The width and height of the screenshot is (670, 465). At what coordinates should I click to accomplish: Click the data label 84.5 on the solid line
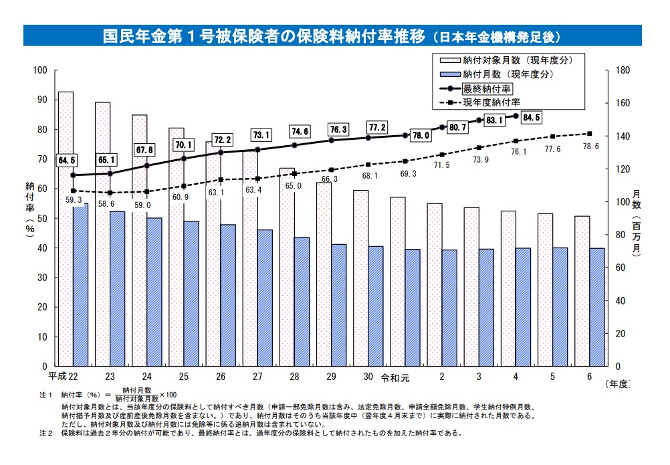click(x=532, y=118)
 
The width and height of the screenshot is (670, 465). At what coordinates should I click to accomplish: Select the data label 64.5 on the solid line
click(x=67, y=160)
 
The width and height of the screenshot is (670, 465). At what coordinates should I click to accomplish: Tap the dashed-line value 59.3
click(x=74, y=199)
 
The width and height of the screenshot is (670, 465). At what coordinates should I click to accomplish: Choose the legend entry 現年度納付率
click(x=491, y=102)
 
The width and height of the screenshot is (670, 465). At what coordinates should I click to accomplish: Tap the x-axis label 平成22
click(x=64, y=377)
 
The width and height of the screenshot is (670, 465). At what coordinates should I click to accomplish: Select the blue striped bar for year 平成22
click(x=80, y=285)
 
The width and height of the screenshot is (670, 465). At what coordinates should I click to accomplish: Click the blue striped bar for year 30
click(x=375, y=306)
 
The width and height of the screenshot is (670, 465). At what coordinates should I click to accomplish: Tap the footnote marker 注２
click(x=45, y=433)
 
